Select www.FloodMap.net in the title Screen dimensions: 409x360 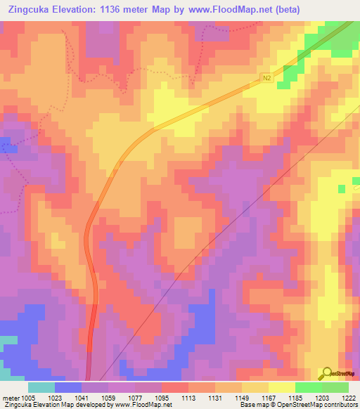[234, 10]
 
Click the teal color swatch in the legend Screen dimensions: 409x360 [41, 387]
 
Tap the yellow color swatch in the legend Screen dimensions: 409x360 [281, 387]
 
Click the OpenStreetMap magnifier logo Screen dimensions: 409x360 [328, 374]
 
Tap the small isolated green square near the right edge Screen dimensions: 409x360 [342, 189]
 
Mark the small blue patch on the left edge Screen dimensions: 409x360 [7, 145]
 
